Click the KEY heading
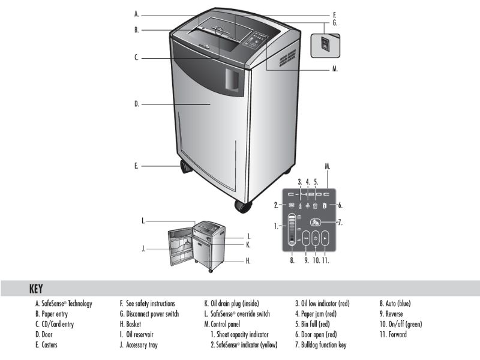[36, 289]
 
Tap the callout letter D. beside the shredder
[137, 104]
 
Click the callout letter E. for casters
[137, 164]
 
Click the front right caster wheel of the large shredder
[243, 206]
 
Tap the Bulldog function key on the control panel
[316, 222]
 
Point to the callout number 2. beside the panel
[277, 205]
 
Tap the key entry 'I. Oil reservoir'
[142, 334]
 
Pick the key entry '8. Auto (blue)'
[395, 304]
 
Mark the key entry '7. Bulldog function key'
[320, 344]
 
